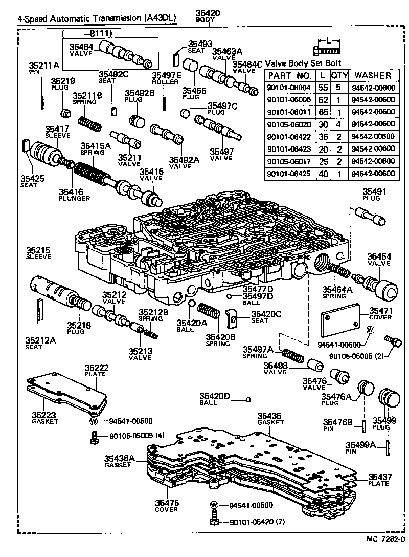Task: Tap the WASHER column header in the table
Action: pyautogui.click(x=373, y=75)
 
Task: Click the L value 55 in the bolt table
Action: pyautogui.click(x=323, y=87)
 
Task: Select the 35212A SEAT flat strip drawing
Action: pyautogui.click(x=38, y=311)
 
